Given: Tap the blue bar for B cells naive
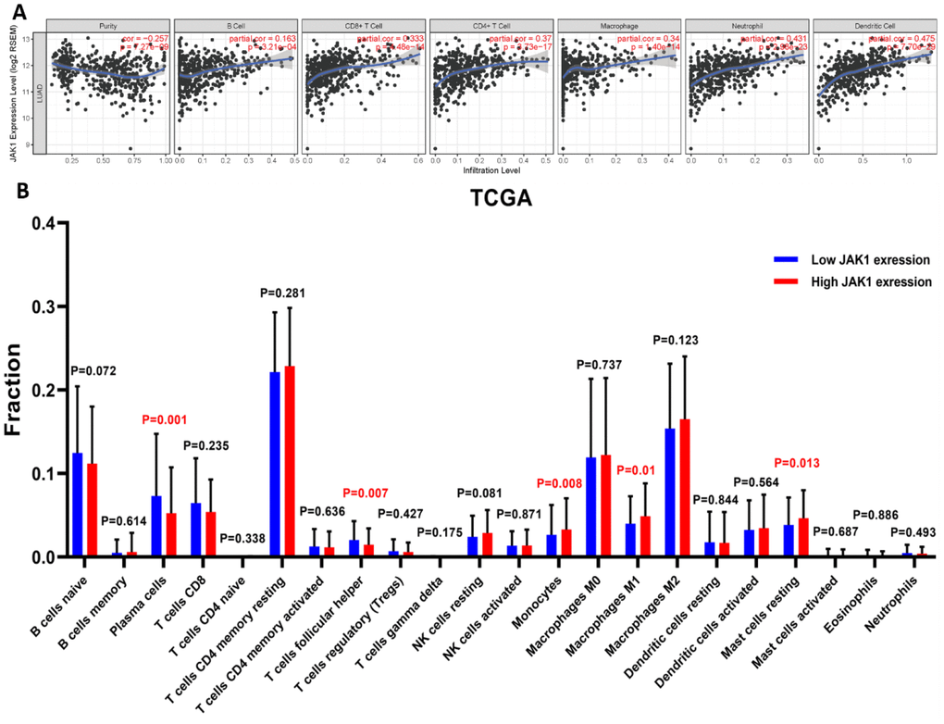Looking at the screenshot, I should (x=78, y=505).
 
